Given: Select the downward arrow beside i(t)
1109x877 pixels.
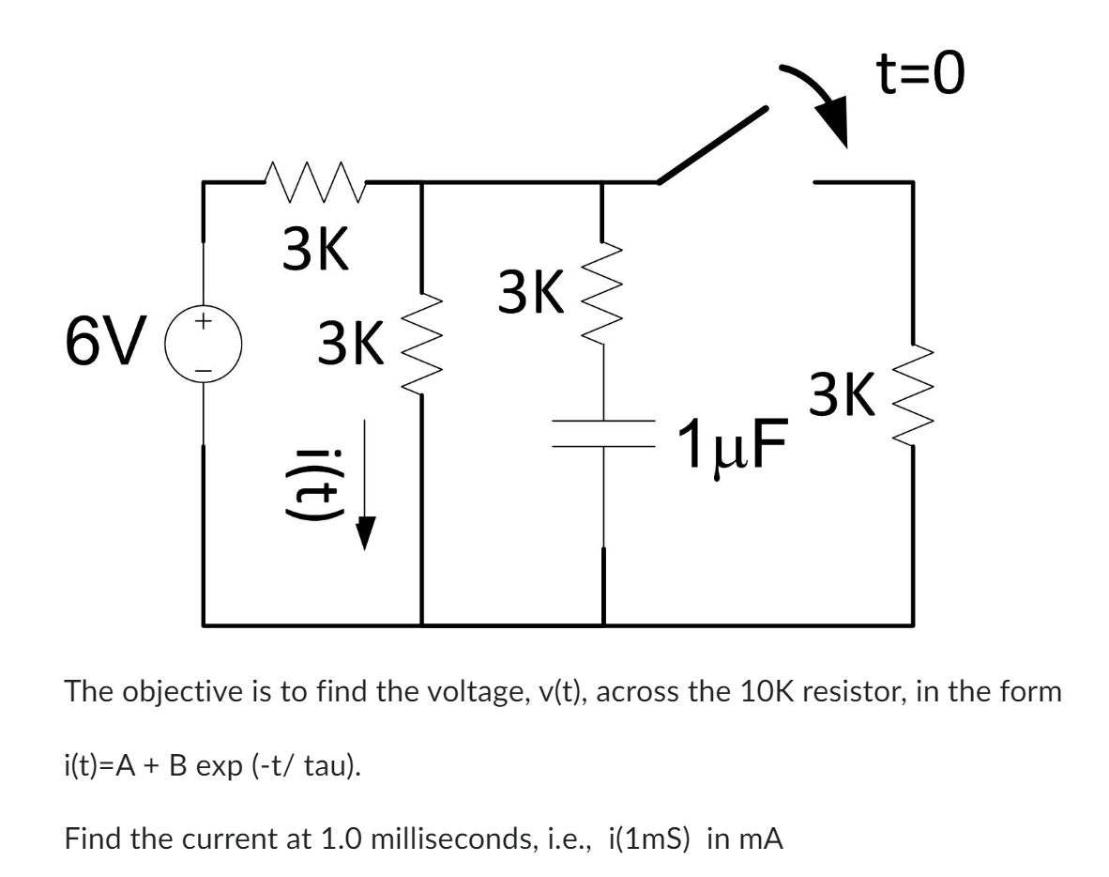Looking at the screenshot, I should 366,487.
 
